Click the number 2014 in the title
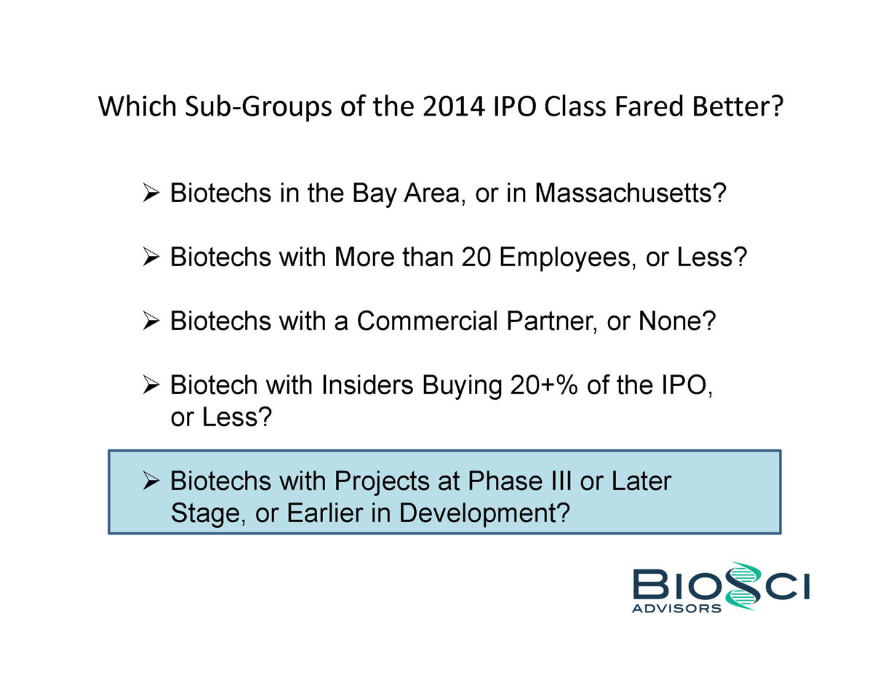(454, 106)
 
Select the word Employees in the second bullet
(564, 258)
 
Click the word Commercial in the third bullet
(427, 321)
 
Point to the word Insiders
(367, 385)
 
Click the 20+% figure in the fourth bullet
(544, 385)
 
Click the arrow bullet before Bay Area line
(151, 193)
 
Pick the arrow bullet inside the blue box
(151, 481)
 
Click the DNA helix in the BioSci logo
(742, 586)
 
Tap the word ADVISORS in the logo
(676, 609)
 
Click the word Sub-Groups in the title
(259, 107)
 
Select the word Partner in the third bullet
(551, 322)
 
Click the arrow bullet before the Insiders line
(151, 385)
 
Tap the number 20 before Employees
(476, 257)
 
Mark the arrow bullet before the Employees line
(151, 257)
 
